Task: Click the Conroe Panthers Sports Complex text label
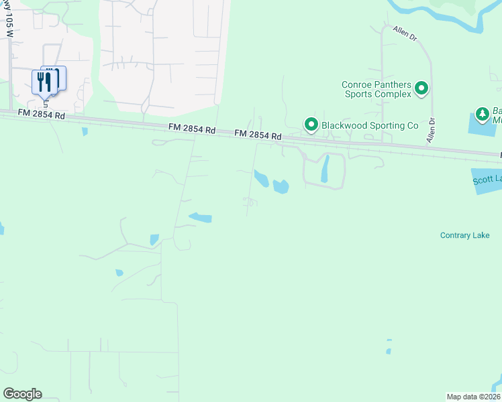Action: click(x=376, y=89)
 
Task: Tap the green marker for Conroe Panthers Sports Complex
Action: click(x=421, y=88)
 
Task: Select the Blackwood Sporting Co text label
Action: click(x=370, y=125)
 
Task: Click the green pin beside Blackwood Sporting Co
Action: click(x=311, y=125)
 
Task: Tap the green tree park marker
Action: click(x=481, y=115)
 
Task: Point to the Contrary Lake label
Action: click(x=464, y=235)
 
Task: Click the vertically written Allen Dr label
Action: click(x=432, y=131)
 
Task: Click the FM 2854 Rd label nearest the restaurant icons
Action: click(x=42, y=115)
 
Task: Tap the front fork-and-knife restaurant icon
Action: click(x=42, y=82)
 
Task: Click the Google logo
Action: click(x=22, y=394)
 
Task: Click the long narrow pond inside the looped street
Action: click(x=325, y=169)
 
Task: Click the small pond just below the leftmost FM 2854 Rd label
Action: click(x=85, y=131)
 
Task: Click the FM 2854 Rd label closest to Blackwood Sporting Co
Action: click(x=257, y=135)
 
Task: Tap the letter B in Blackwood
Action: click(x=325, y=125)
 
